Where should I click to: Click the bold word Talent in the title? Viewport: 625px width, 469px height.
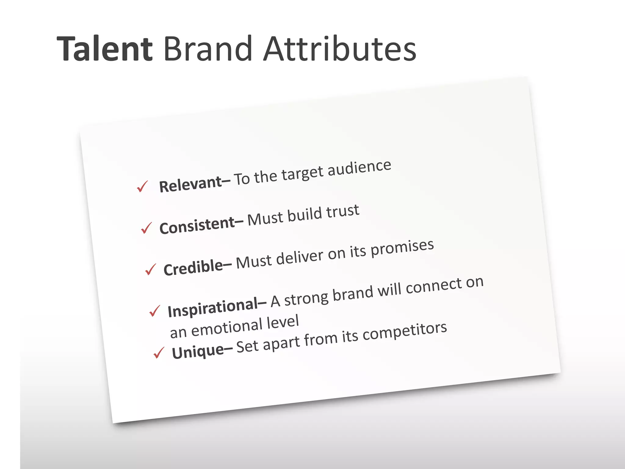[x=105, y=49]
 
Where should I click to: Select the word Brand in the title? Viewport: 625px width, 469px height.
[x=208, y=49]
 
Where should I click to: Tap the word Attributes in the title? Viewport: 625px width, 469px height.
[x=340, y=49]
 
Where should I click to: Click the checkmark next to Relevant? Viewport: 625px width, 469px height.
[x=142, y=186]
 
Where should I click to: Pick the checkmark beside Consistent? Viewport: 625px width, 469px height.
[x=146, y=228]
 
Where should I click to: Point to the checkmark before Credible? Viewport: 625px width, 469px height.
[x=150, y=269]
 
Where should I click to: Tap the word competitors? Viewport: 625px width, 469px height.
[x=405, y=332]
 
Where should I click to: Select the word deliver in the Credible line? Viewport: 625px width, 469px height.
[x=299, y=257]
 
